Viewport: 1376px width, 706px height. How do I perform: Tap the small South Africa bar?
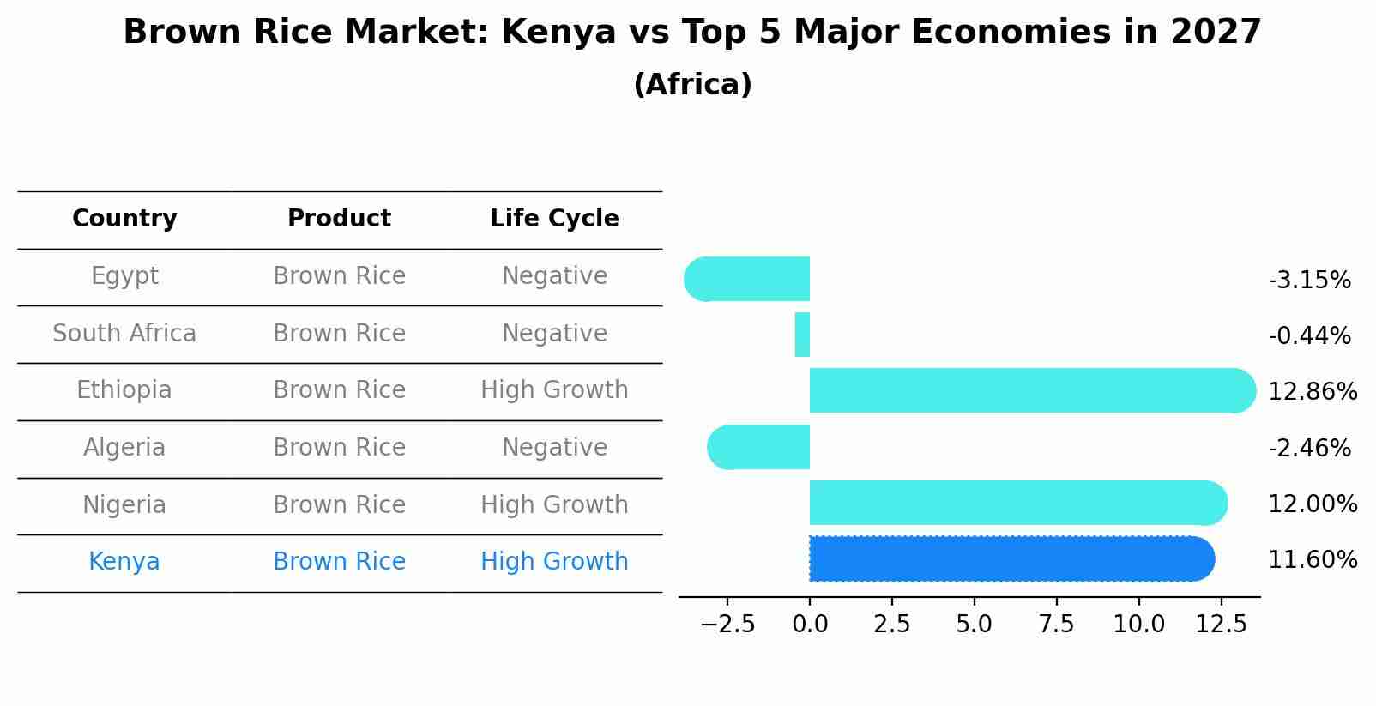802,335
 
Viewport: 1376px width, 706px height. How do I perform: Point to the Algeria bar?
759,447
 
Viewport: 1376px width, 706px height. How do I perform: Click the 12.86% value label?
1312,392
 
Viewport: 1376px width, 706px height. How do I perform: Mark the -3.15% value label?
1309,281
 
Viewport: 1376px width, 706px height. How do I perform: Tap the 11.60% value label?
1312,560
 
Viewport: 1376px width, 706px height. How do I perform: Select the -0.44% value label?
1309,336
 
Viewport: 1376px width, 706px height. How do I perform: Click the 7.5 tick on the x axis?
1056,625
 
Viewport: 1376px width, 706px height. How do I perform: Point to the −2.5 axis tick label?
727,625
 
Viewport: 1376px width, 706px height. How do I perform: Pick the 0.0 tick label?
810,625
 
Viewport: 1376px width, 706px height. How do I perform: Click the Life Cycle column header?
554,219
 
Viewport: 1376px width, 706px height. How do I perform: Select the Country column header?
124,219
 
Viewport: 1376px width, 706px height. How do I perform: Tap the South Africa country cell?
124,334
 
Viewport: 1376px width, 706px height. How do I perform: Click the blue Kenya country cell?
124,562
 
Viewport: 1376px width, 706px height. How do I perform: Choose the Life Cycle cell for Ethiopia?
554,390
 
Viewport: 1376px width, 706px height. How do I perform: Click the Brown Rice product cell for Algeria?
339,448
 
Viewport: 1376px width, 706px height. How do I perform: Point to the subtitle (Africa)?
692,85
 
